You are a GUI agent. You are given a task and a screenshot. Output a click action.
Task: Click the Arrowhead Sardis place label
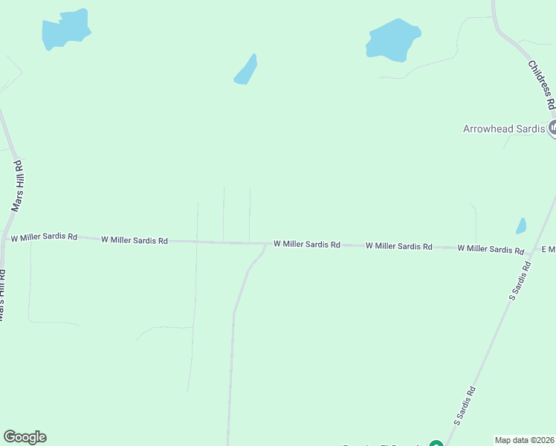pyautogui.click(x=504, y=128)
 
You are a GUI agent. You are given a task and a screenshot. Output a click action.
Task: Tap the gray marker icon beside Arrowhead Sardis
pyautogui.click(x=552, y=129)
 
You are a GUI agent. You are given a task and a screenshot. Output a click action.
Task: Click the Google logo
pyautogui.click(x=25, y=437)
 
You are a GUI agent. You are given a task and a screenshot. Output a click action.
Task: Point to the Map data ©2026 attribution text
pyautogui.click(x=525, y=440)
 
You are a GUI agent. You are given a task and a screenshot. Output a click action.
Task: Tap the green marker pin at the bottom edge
pyautogui.click(x=436, y=445)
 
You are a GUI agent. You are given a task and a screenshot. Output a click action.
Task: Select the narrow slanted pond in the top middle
pyautogui.click(x=246, y=70)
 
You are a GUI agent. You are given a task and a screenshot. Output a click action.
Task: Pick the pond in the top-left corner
pyautogui.click(x=65, y=30)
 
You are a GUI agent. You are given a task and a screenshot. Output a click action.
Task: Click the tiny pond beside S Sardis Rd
pyautogui.click(x=521, y=226)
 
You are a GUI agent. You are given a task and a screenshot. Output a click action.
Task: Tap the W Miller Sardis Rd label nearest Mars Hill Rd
pyautogui.click(x=44, y=237)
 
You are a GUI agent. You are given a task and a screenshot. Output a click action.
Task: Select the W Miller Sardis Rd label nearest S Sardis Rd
pyautogui.click(x=491, y=248)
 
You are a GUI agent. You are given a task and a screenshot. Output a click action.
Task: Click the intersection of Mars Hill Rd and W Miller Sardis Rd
pyautogui.click(x=5, y=239)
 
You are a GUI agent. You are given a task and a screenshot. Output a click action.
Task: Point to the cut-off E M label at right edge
pyautogui.click(x=549, y=249)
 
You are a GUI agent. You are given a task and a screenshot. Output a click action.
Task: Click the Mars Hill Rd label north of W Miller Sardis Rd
pyautogui.click(x=20, y=186)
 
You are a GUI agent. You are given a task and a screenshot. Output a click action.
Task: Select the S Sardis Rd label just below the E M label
pyautogui.click(x=520, y=281)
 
